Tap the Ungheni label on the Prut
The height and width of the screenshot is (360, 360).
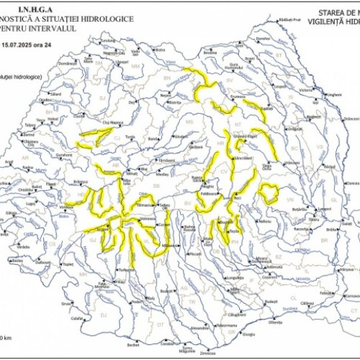(x=333, y=94)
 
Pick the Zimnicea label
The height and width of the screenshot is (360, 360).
(x=208, y=354)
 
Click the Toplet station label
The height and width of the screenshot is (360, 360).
(x=68, y=264)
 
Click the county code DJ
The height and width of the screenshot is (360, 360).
(x=103, y=314)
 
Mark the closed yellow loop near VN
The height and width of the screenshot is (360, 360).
(x=269, y=192)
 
